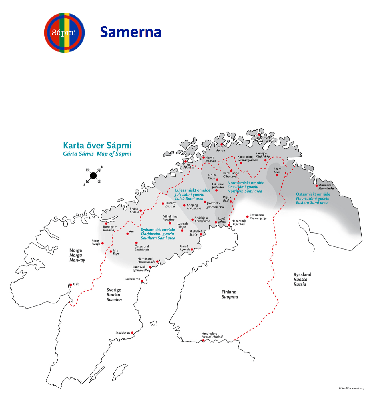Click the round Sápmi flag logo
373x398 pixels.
[64, 33]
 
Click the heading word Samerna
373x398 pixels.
[131, 32]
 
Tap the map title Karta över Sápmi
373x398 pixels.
[97, 145]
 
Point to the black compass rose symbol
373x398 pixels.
[93, 176]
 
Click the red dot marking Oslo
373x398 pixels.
[71, 284]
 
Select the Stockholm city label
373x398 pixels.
[123, 333]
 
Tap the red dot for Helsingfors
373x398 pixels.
[203, 340]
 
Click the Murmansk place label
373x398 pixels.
[326, 185]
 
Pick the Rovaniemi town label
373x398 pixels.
[256, 215]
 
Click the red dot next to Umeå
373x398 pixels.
[192, 249]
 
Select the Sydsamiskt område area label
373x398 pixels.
[158, 230]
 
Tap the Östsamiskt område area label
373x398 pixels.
[313, 194]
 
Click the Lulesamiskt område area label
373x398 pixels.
[193, 190]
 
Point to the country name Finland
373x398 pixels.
[229, 292]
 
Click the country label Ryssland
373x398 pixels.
[302, 274]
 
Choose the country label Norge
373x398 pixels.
[75, 250]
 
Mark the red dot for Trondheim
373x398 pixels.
[106, 224]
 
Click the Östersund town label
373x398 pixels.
[142, 246]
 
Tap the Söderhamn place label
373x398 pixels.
[132, 279]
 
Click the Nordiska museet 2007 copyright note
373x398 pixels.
[351, 388]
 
